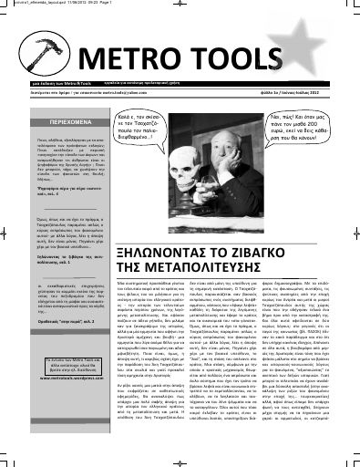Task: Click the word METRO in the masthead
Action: pyautogui.click(x=134, y=62)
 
